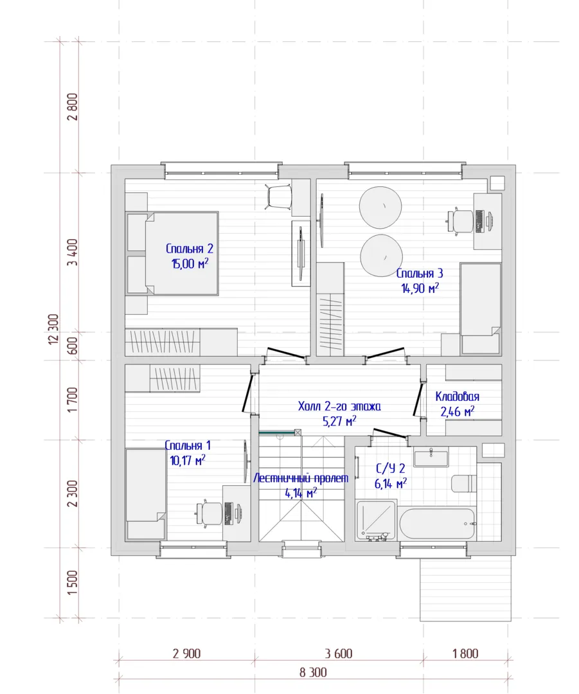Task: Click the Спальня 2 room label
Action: click(x=190, y=249)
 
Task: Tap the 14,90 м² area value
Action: click(x=420, y=288)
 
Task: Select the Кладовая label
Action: click(x=458, y=396)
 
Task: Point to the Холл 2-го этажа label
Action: click(x=339, y=406)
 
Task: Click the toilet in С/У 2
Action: click(x=463, y=483)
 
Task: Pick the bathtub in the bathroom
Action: click(x=437, y=524)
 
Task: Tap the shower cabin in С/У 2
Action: click(x=376, y=520)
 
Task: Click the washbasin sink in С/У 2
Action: click(x=431, y=457)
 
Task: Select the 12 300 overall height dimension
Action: click(x=53, y=329)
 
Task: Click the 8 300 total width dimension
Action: click(x=313, y=672)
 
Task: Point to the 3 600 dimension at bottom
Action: click(x=339, y=654)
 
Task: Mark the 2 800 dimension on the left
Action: click(x=73, y=107)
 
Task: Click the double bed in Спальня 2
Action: click(x=173, y=253)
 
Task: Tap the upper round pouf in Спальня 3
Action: click(x=380, y=207)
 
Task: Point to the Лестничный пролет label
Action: click(x=301, y=478)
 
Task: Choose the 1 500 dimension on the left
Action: click(x=73, y=582)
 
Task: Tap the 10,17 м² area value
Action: click(x=188, y=460)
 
